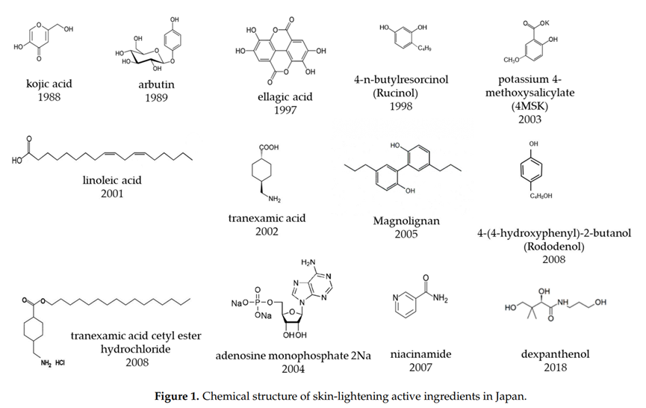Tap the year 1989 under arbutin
point(156,98)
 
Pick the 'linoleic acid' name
point(112,180)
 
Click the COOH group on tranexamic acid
point(267,148)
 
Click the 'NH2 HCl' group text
point(56,364)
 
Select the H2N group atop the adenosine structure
point(310,262)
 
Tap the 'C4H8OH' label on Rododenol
point(533,196)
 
